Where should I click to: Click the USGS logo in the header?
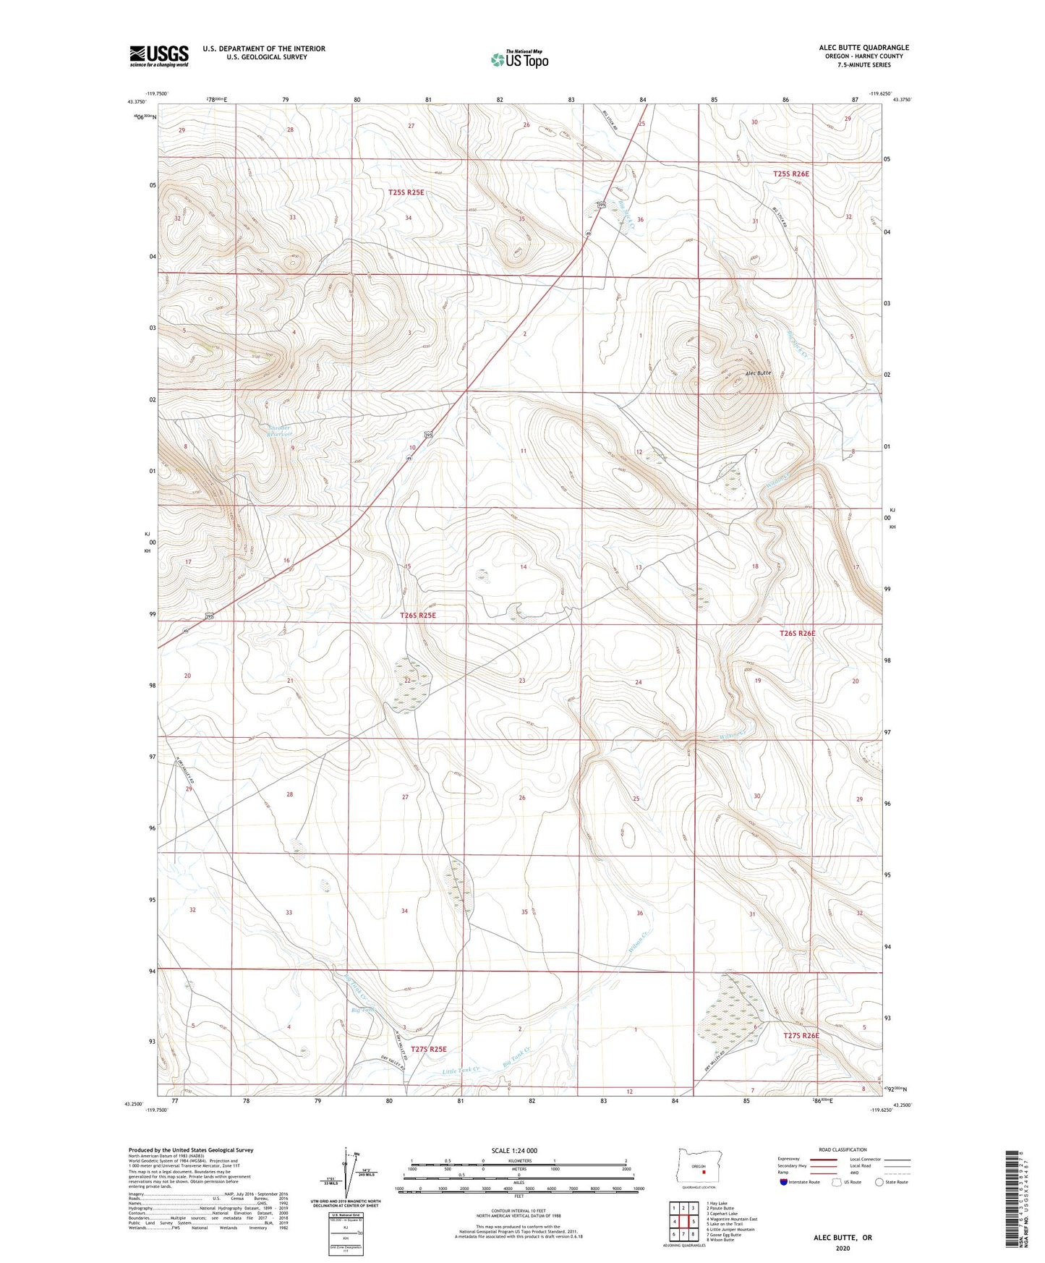coord(159,56)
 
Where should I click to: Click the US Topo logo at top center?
coord(519,59)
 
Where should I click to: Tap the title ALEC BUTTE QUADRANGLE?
coord(863,48)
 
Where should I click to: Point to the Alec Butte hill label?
coord(758,373)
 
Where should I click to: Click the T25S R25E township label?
coord(406,192)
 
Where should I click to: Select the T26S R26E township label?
coord(797,633)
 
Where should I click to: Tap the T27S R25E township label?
coord(429,1048)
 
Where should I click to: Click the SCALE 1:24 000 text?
coord(514,1150)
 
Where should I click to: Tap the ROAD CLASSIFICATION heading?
coord(843,1149)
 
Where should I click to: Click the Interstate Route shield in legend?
coord(784,1182)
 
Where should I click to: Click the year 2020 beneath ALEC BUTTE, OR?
coord(843,1248)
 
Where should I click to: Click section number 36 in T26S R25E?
coord(639,913)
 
